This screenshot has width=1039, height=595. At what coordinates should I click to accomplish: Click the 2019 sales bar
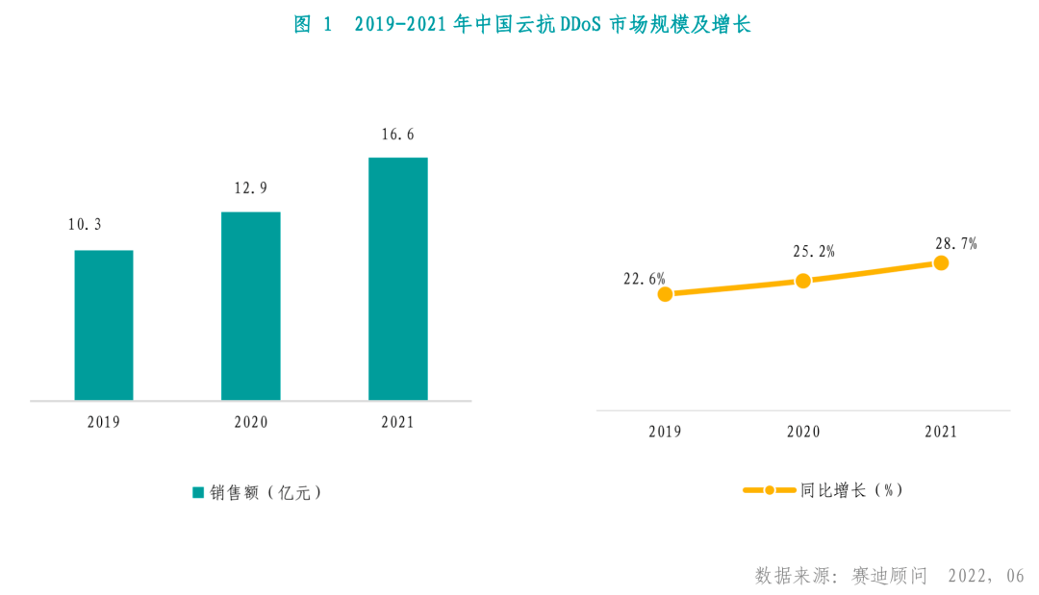pos(104,325)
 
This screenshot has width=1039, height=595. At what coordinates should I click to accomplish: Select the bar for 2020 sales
pos(251,306)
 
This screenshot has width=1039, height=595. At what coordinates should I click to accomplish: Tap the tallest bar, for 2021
pos(398,279)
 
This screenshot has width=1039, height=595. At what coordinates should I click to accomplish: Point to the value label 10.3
pos(85,225)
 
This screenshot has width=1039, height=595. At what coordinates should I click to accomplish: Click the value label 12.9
pos(250,188)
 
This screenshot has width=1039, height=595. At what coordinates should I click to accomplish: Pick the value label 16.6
pos(397,135)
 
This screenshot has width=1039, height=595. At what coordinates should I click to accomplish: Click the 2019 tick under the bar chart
pos(103,422)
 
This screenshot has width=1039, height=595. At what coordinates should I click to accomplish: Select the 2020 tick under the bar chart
pos(251,422)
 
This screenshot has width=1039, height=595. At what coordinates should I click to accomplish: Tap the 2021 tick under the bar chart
pos(397,422)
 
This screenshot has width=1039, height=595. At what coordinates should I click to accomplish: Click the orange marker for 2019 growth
pos(665,294)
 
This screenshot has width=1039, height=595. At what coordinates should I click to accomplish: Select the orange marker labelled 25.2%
pos(803,280)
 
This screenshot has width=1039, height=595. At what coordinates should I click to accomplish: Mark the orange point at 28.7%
pos(941,262)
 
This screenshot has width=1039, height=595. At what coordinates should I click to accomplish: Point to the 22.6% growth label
pos(645,279)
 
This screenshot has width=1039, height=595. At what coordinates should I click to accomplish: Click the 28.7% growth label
pos(956,244)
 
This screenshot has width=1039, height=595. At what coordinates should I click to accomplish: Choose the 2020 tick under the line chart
pos(803,432)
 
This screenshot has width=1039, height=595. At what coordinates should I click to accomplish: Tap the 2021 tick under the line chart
pos(941,432)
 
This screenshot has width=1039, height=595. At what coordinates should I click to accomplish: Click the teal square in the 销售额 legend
pos(198,492)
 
